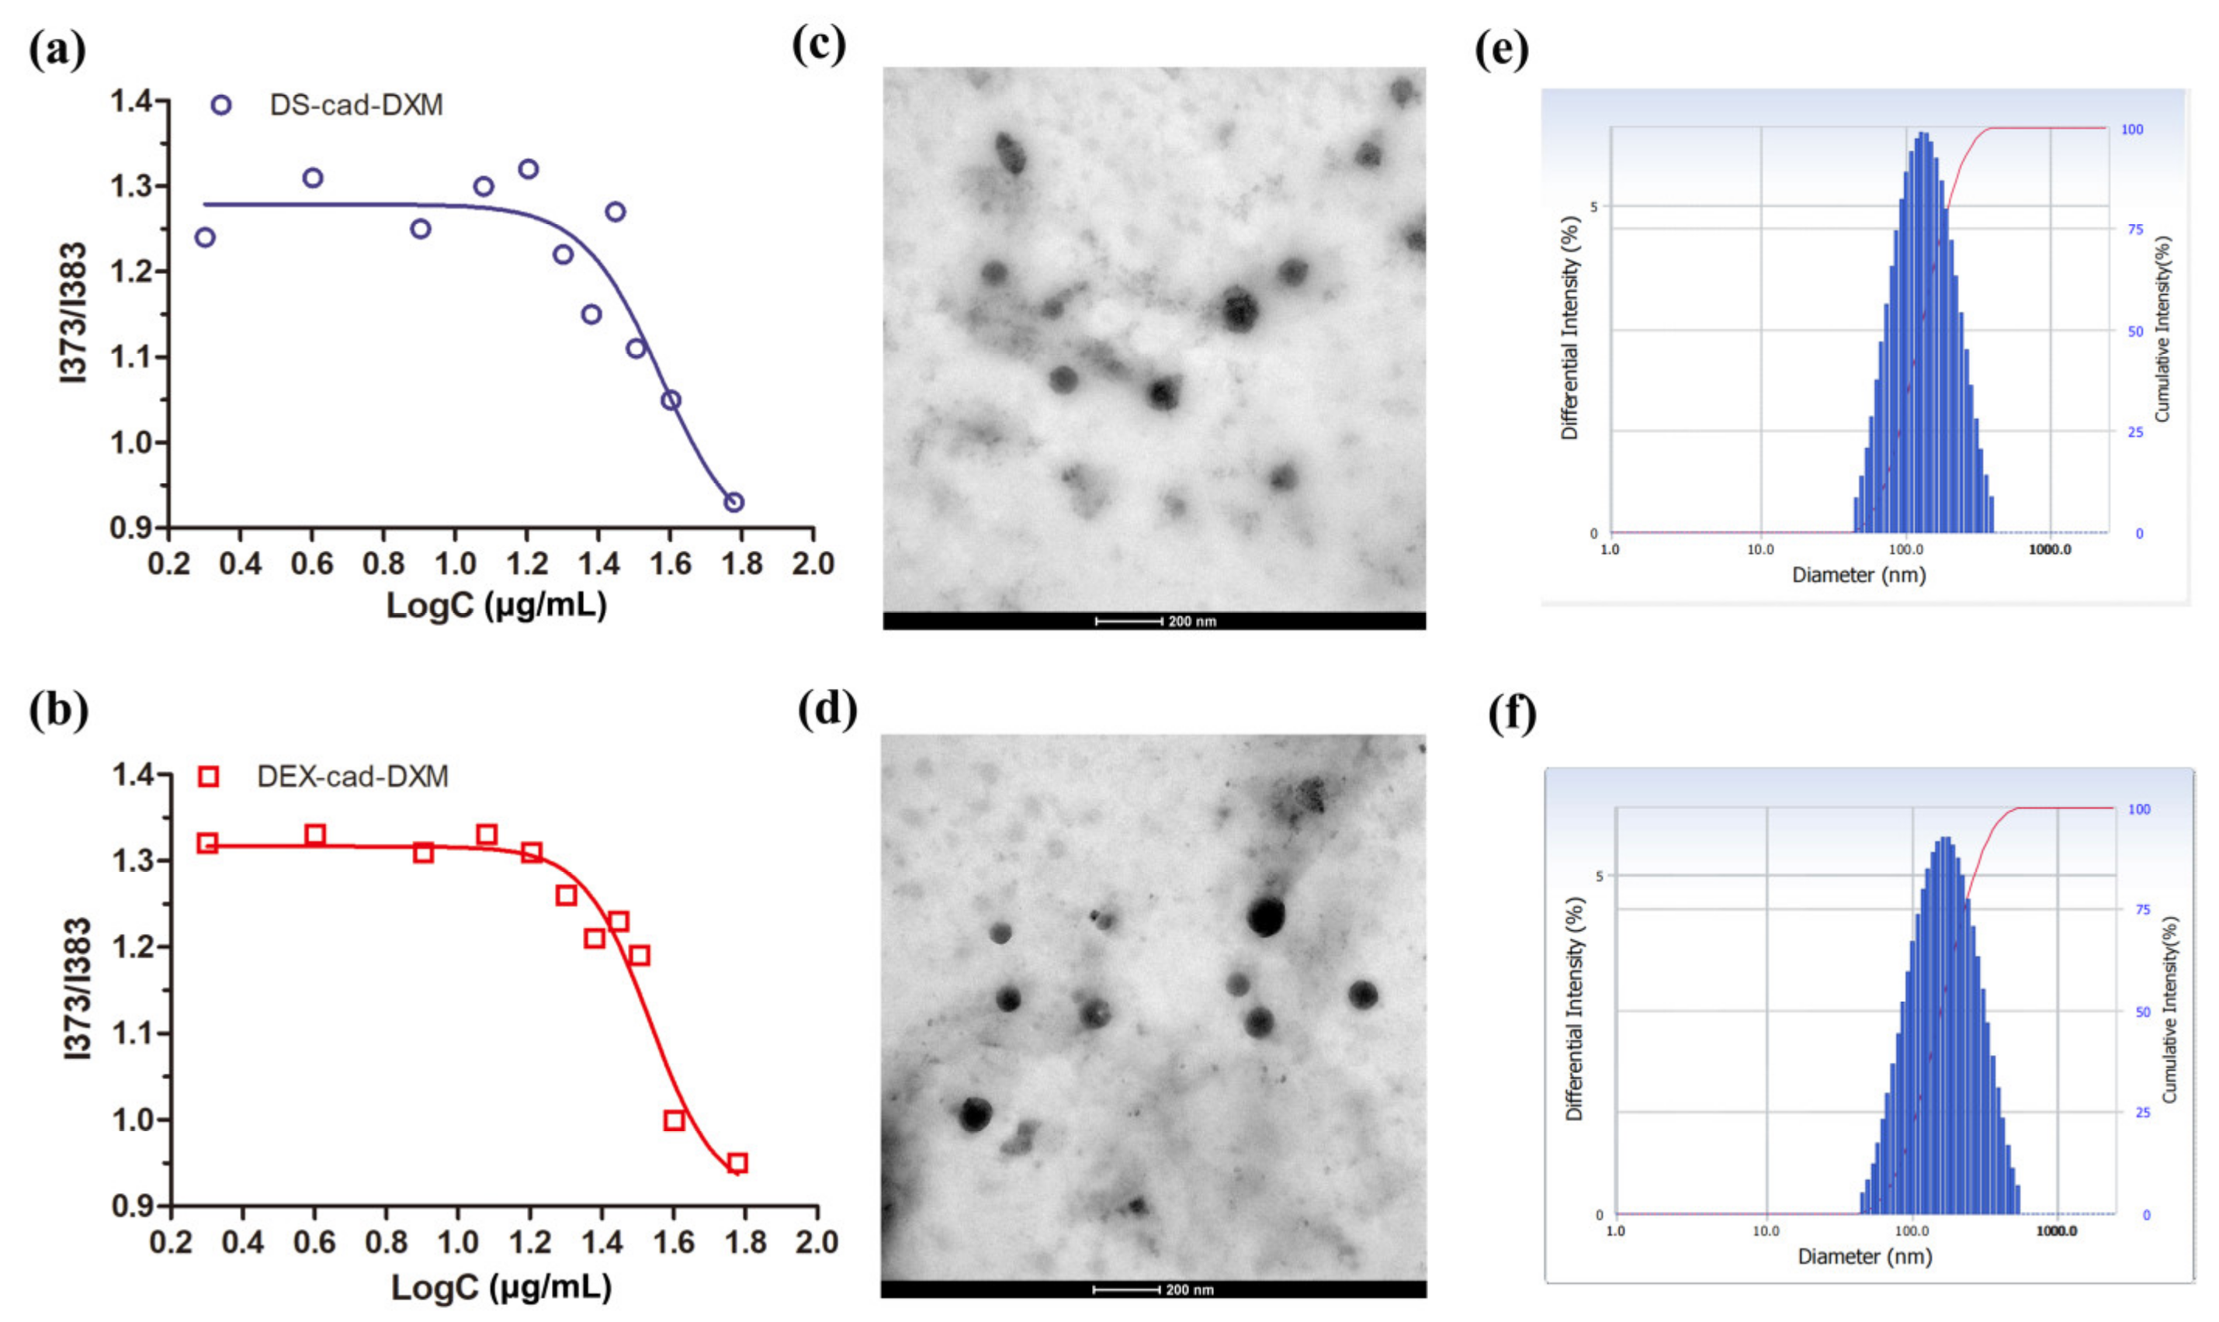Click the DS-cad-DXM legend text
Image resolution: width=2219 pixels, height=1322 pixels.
355,105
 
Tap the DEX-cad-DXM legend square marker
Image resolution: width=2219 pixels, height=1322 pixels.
209,777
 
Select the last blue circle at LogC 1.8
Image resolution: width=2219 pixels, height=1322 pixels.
733,503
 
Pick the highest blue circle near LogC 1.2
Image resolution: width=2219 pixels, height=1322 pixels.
529,169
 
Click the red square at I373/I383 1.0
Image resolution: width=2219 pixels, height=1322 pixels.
674,1120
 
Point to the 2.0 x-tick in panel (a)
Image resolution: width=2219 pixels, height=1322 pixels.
813,564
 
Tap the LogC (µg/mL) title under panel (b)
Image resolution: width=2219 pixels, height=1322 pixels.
501,1287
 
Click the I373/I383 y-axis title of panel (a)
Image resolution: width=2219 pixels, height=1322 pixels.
75,312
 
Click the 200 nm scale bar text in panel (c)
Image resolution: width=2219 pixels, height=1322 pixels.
1191,621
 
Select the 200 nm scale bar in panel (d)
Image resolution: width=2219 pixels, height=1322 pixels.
1125,1290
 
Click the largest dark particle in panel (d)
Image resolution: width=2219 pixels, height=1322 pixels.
1265,917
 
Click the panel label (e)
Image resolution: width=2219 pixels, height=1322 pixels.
1502,49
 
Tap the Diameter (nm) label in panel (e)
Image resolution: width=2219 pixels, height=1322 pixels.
1859,576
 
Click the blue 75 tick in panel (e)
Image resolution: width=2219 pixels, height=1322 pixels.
2135,230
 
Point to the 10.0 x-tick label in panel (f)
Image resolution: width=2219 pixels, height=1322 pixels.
1766,1231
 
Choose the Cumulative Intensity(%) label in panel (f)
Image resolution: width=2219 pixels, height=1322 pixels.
2170,1010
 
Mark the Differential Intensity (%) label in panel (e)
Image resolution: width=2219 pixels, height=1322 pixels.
1570,328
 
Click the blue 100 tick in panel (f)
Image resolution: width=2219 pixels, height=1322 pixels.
2139,809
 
